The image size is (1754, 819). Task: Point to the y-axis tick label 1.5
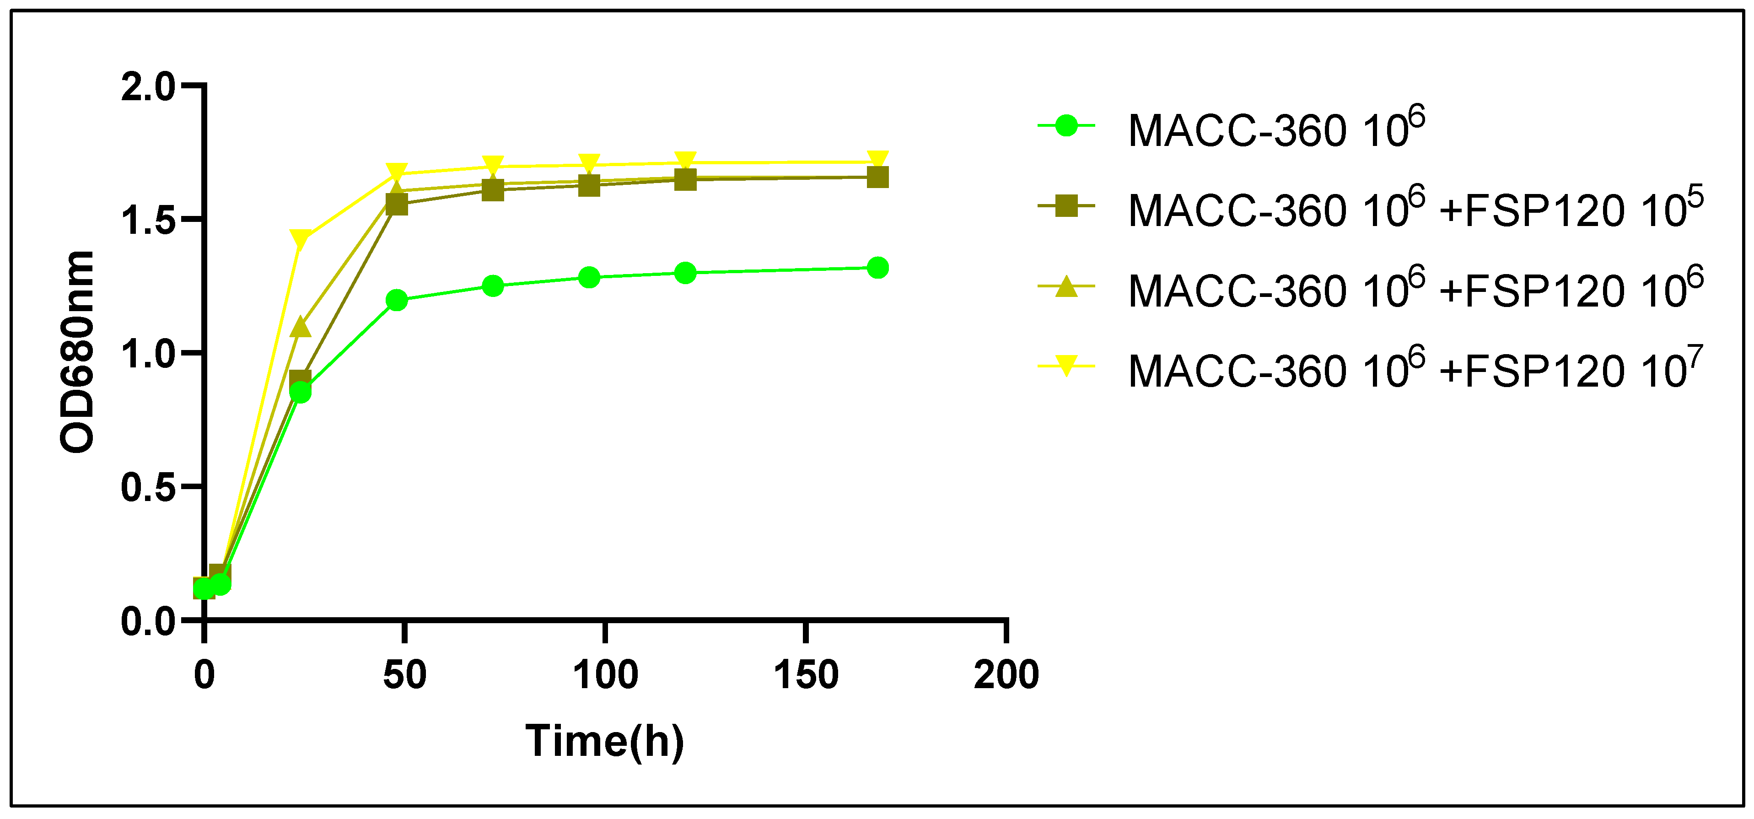148,221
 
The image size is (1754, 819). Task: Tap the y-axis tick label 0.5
148,488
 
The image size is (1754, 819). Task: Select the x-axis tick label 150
806,675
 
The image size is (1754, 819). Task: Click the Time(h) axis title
605,741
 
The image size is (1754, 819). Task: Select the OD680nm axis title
77,351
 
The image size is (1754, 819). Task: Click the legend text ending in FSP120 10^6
1415,289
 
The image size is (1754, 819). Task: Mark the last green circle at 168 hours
877,268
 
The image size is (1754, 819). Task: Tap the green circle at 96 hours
589,278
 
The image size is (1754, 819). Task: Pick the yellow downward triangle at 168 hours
877,161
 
